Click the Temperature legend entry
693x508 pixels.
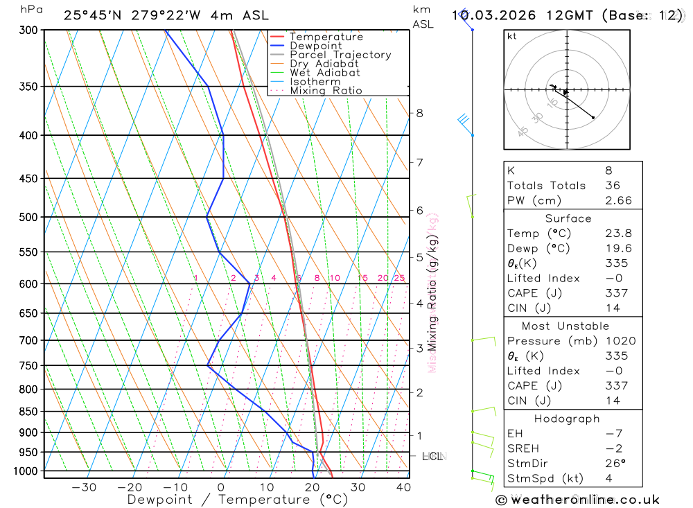click(x=326, y=37)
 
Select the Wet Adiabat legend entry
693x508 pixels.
click(x=325, y=73)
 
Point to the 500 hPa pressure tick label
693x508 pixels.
click(x=28, y=217)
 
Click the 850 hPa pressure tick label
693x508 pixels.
click(x=28, y=412)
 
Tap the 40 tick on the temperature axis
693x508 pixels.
click(x=403, y=487)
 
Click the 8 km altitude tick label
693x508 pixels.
click(x=420, y=113)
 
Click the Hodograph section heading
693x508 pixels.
click(x=567, y=419)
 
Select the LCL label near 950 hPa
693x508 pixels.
click(x=432, y=456)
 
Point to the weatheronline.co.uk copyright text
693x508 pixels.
click(x=578, y=500)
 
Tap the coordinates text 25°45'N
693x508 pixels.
click(x=91, y=15)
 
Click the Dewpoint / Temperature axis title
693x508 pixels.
click(x=238, y=499)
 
